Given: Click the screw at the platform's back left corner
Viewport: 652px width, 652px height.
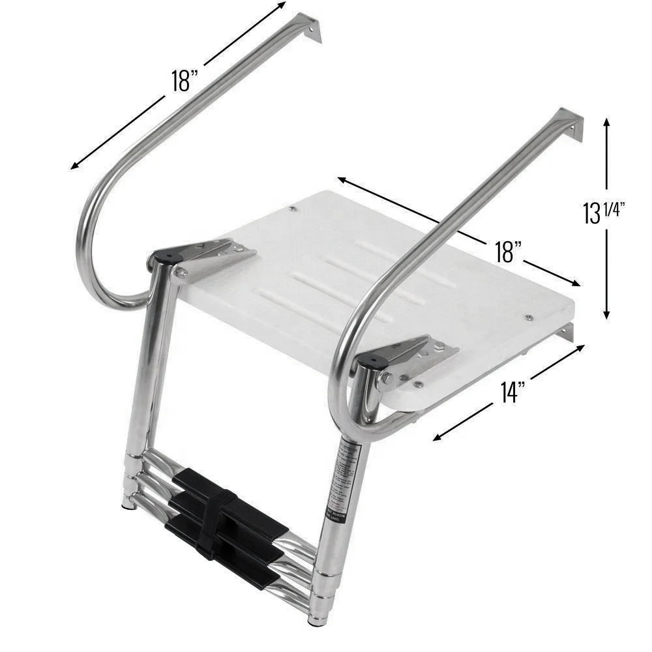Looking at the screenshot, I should coord(291,209).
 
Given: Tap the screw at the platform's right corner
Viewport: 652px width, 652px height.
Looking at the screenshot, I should coord(528,318).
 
